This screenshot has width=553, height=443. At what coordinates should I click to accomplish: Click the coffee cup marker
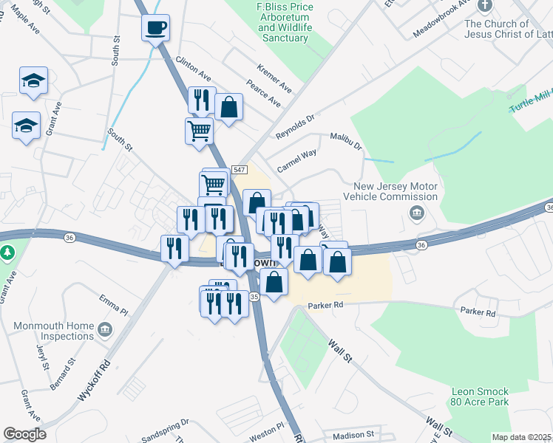point(155,28)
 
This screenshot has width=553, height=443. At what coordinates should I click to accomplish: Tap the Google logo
point(24,435)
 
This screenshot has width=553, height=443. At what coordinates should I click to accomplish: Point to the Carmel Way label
point(296,160)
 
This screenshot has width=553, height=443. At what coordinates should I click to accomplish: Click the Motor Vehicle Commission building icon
point(416,214)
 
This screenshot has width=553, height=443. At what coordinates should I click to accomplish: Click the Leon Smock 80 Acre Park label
point(479,397)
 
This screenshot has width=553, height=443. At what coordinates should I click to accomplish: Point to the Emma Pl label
point(114,303)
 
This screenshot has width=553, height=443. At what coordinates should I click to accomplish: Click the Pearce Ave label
point(264,95)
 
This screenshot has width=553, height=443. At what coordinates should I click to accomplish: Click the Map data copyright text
point(520,437)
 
